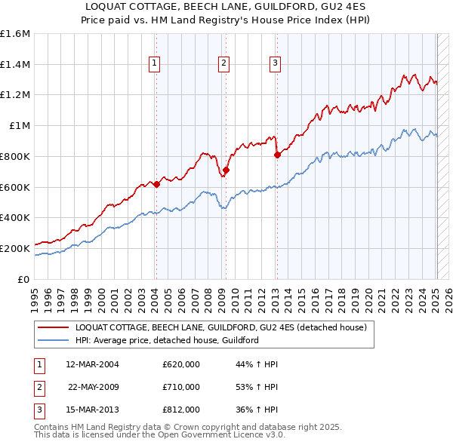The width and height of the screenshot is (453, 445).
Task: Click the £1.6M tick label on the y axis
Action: (15, 34)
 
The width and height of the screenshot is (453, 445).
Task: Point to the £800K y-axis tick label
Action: (15, 156)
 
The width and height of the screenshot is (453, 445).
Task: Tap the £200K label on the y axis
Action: (15, 247)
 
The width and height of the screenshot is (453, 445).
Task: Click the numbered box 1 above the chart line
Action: (154, 64)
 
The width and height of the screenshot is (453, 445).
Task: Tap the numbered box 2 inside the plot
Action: (224, 64)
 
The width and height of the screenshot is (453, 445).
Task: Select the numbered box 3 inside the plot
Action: (275, 64)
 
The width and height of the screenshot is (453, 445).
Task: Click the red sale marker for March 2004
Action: (156, 184)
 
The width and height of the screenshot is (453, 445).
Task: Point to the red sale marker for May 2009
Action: (226, 170)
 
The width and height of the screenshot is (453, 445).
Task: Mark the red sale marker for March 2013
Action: (276, 155)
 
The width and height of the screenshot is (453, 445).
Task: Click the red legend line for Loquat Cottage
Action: (54, 327)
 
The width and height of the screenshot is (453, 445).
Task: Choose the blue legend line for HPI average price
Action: (54, 340)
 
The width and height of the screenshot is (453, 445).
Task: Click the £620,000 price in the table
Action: (181, 364)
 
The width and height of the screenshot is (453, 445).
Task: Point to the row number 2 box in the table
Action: (38, 387)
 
